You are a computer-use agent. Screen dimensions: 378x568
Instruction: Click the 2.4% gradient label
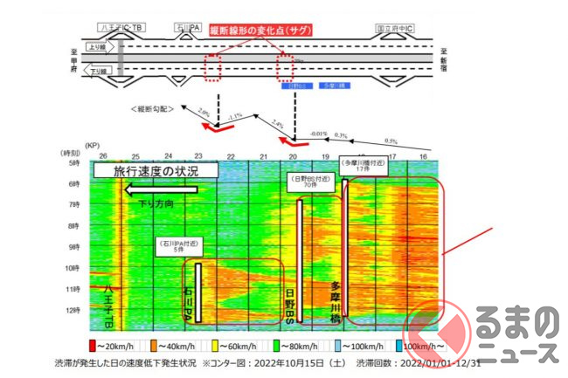(279, 123)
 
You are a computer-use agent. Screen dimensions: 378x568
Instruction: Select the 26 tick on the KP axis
(103, 155)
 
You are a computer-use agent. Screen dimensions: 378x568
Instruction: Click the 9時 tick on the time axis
(76, 246)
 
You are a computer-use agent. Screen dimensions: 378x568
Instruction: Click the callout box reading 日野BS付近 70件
(309, 182)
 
